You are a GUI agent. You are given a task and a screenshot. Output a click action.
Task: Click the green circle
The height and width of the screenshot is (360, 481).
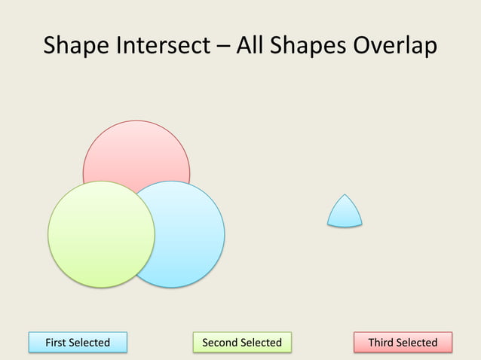pyautogui.click(x=101, y=233)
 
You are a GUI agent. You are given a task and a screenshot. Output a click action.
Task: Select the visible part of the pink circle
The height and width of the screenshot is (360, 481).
pyautogui.click(x=136, y=151)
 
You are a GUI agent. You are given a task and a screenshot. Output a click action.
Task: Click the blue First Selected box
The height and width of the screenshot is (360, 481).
pyautogui.click(x=78, y=343)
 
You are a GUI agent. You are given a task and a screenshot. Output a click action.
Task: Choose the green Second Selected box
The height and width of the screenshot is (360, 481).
pyautogui.click(x=241, y=343)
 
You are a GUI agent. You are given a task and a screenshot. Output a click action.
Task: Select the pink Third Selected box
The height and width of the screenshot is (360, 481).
pyautogui.click(x=403, y=343)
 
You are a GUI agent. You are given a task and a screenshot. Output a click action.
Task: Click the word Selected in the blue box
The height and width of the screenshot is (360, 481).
pyautogui.click(x=90, y=343)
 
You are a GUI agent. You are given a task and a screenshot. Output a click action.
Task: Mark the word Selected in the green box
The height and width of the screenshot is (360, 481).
pyautogui.click(x=262, y=343)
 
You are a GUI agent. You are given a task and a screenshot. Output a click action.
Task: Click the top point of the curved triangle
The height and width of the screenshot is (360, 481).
pyautogui.click(x=345, y=195)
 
